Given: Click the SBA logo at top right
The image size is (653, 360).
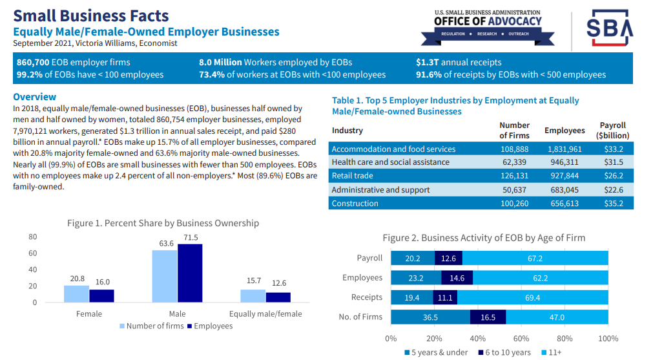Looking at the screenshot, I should pyautogui.click(x=610, y=28).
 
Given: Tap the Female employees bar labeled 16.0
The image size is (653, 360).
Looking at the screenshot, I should pyautogui.click(x=101, y=295).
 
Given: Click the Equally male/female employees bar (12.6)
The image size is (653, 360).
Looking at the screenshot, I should pyautogui.click(x=278, y=297).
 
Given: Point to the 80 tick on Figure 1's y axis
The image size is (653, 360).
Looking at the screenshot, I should pyautogui.click(x=32, y=237).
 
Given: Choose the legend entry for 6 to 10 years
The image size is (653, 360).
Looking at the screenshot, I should pyautogui.click(x=504, y=352).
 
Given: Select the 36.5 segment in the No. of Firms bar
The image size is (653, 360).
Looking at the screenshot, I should pyautogui.click(x=430, y=317).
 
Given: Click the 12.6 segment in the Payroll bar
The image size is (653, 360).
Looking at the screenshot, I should pyautogui.click(x=448, y=258).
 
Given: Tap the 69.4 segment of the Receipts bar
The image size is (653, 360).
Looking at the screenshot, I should pyautogui.click(x=533, y=297).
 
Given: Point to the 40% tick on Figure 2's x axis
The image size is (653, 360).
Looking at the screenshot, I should pyautogui.click(x=478, y=338).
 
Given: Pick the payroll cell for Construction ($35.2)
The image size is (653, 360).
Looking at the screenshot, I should pyautogui.click(x=613, y=204).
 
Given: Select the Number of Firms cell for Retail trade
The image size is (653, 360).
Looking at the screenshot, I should pyautogui.click(x=514, y=175).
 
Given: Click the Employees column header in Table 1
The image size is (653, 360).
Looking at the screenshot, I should pyautogui.click(x=565, y=131).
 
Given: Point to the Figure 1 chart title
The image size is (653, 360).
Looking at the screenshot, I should pyautogui.click(x=163, y=223).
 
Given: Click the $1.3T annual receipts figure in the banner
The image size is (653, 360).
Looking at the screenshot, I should pyautogui.click(x=459, y=63).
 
